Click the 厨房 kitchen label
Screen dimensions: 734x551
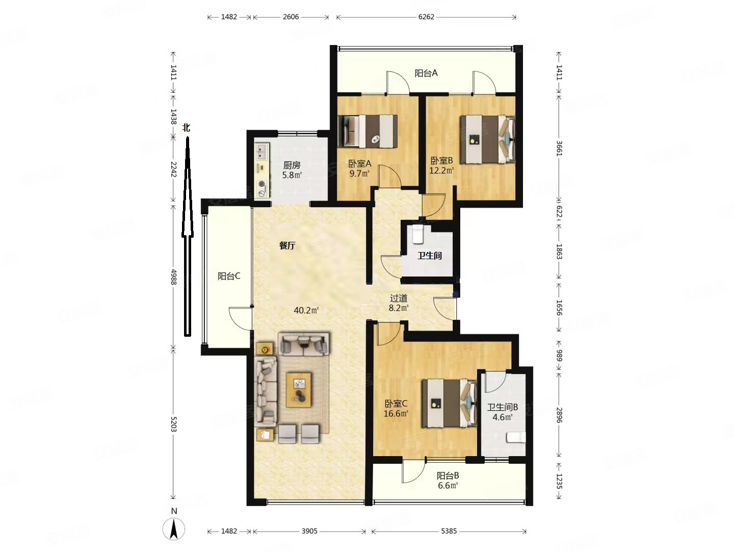click(292, 165)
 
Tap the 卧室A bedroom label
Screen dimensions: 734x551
click(359, 164)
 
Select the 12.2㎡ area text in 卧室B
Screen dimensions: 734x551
click(441, 170)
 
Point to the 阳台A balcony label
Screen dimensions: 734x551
click(426, 73)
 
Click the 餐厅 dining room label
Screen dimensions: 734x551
click(287, 245)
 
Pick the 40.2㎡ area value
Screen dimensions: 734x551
click(306, 311)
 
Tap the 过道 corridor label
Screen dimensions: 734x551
click(399, 298)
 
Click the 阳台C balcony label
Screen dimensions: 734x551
click(229, 276)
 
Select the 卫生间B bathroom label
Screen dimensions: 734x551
click(502, 407)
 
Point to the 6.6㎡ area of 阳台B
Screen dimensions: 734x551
click(448, 485)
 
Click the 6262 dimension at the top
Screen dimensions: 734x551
click(426, 17)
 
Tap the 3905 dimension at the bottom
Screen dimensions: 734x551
click(309, 531)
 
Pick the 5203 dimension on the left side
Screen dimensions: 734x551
click(173, 424)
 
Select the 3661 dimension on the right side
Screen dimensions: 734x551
click(559, 148)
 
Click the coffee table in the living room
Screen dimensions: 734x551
click(299, 390)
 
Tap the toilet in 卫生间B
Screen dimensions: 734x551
click(516, 437)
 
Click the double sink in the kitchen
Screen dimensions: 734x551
click(262, 152)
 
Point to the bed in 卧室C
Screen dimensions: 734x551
click(449, 403)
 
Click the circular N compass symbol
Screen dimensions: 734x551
click(173, 529)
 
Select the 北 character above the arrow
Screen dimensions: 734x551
click(186, 128)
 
